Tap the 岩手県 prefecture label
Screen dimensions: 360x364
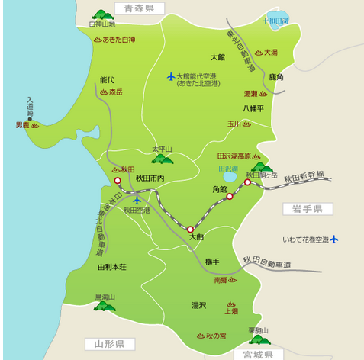(308, 208)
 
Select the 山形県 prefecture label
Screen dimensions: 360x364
(105, 344)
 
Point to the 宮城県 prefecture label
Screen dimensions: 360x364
(258, 353)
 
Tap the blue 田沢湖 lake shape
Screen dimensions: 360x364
(230, 178)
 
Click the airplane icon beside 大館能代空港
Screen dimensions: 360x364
(171, 76)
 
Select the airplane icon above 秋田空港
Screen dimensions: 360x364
(137, 201)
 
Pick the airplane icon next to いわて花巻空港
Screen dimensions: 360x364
(333, 239)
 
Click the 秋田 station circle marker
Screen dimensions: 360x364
(118, 181)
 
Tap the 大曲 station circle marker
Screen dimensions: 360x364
(191, 228)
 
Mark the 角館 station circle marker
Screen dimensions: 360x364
(229, 197)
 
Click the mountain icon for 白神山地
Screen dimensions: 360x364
(101, 14)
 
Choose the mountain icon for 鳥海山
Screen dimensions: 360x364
(104, 306)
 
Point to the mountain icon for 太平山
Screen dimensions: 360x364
(162, 158)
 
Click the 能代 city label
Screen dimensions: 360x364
(107, 79)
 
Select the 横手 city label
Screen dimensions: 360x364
(212, 262)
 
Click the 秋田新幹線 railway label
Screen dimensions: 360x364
(304, 178)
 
